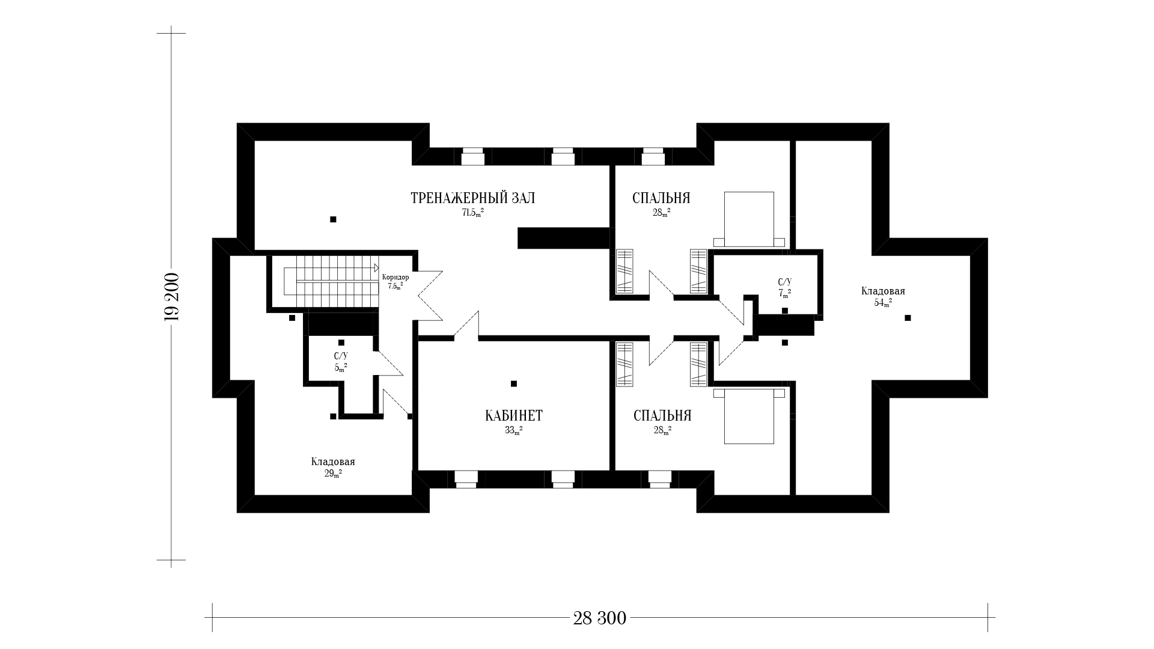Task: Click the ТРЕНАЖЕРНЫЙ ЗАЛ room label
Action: pyautogui.click(x=472, y=198)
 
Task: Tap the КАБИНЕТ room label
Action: pyautogui.click(x=514, y=416)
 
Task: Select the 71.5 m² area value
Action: pyautogui.click(x=472, y=213)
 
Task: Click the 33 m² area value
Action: pyautogui.click(x=513, y=430)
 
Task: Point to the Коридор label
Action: pyautogui.click(x=395, y=277)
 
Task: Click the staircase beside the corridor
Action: pyautogui.click(x=330, y=280)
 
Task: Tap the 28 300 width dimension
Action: pyautogui.click(x=599, y=618)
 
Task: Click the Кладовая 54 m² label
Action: pyautogui.click(x=883, y=296)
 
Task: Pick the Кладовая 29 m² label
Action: pyautogui.click(x=333, y=467)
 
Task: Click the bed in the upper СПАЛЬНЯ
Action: pyautogui.click(x=749, y=219)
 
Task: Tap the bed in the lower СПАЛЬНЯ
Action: pyautogui.click(x=749, y=416)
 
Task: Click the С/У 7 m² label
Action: pyautogui.click(x=785, y=287)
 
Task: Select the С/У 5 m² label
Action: pyautogui.click(x=341, y=361)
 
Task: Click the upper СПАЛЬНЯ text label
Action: pyautogui.click(x=661, y=198)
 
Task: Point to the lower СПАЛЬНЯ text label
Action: pyautogui.click(x=662, y=416)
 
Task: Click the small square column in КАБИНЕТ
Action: pyautogui.click(x=513, y=383)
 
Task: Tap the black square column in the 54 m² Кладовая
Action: pyautogui.click(x=908, y=318)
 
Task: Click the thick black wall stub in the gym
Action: pyautogui.click(x=564, y=238)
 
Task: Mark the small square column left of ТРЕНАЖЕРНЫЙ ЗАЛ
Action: pyautogui.click(x=333, y=219)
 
